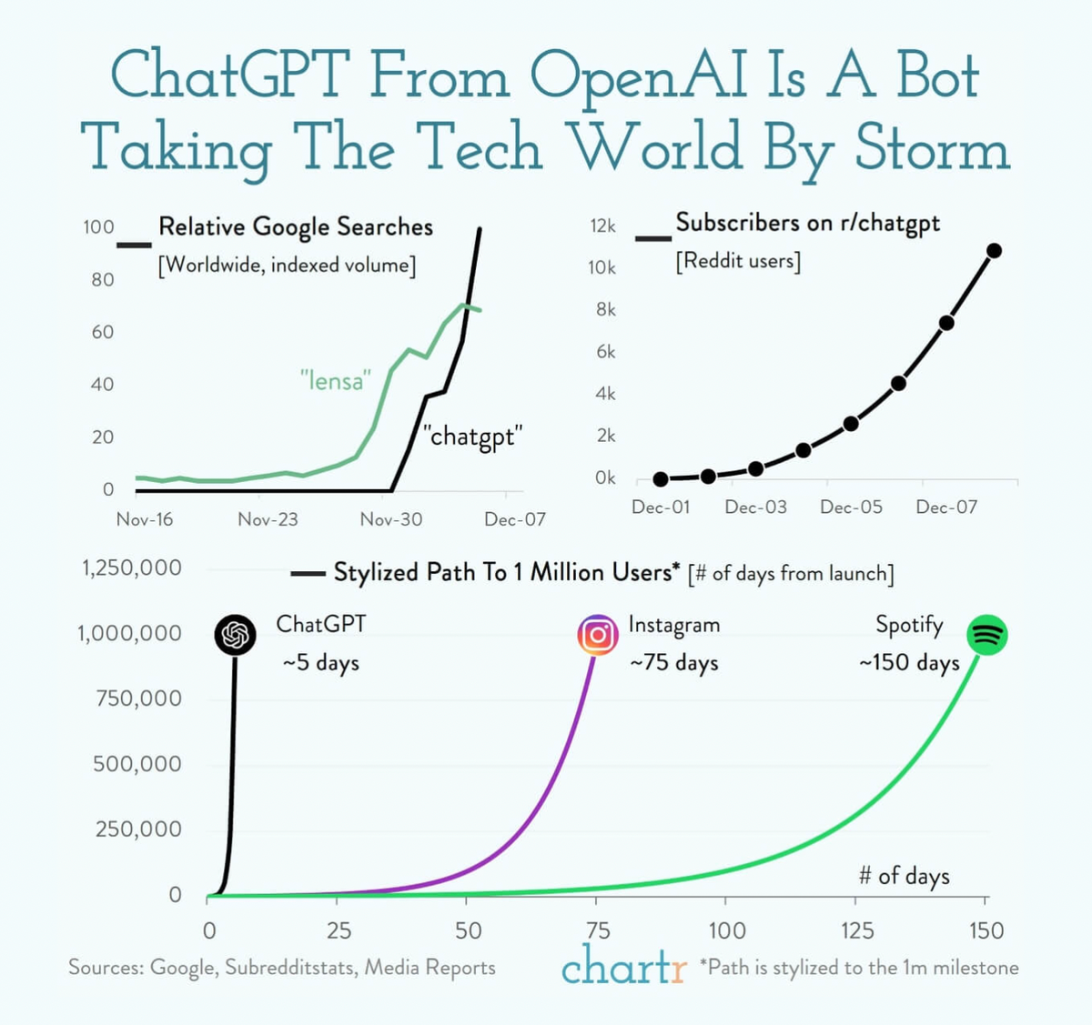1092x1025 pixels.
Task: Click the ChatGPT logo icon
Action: [236, 634]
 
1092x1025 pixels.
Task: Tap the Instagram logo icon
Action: [598, 634]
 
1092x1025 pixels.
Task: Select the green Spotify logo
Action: [987, 635]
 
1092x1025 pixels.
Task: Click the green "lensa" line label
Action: [336, 380]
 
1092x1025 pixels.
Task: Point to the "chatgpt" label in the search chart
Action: [472, 437]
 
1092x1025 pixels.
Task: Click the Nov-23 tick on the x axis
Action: [268, 519]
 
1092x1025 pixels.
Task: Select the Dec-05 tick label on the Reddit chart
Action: [851, 507]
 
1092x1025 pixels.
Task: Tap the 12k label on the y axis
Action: [603, 226]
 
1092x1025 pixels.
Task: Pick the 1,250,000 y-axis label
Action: [132, 568]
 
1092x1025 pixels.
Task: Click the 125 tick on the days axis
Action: [856, 930]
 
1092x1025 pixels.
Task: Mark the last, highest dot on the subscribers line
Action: [994, 250]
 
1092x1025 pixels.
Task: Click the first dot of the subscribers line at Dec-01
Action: [661, 479]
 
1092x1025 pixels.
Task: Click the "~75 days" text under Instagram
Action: [673, 663]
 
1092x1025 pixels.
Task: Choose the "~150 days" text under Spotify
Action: [909, 663]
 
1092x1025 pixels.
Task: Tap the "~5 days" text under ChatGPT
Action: [320, 663]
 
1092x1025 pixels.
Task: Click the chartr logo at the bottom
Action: [623, 967]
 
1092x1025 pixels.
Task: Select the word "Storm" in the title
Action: [933, 148]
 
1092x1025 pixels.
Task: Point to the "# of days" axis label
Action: [904, 876]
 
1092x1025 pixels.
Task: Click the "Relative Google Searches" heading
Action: [296, 226]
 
